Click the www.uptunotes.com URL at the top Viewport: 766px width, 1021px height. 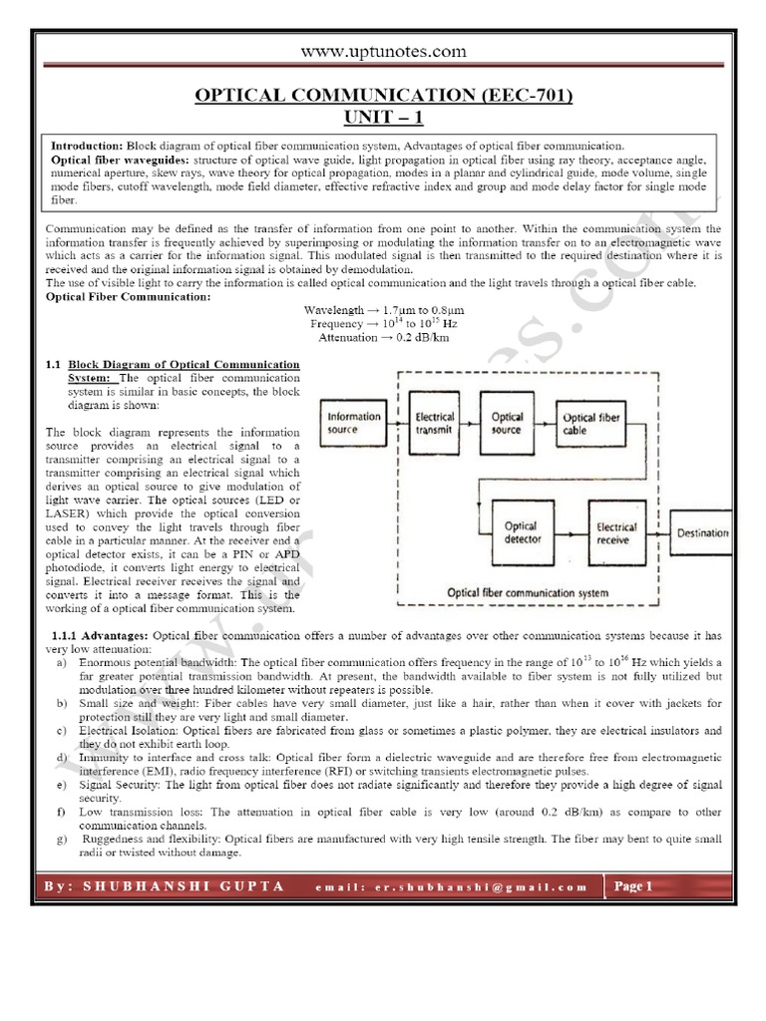click(x=383, y=52)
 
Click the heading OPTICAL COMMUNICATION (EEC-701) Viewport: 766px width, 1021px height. click(x=383, y=96)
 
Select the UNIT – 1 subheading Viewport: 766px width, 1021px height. click(x=383, y=117)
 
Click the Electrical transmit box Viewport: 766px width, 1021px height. click(x=434, y=423)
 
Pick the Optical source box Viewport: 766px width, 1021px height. click(x=506, y=423)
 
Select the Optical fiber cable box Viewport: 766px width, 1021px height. click(x=592, y=424)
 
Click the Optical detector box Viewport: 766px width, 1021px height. click(x=521, y=532)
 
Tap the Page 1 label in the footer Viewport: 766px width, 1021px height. click(x=632, y=885)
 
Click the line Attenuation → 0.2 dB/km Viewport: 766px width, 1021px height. click(x=383, y=338)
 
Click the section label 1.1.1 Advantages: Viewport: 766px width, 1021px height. click(x=98, y=635)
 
